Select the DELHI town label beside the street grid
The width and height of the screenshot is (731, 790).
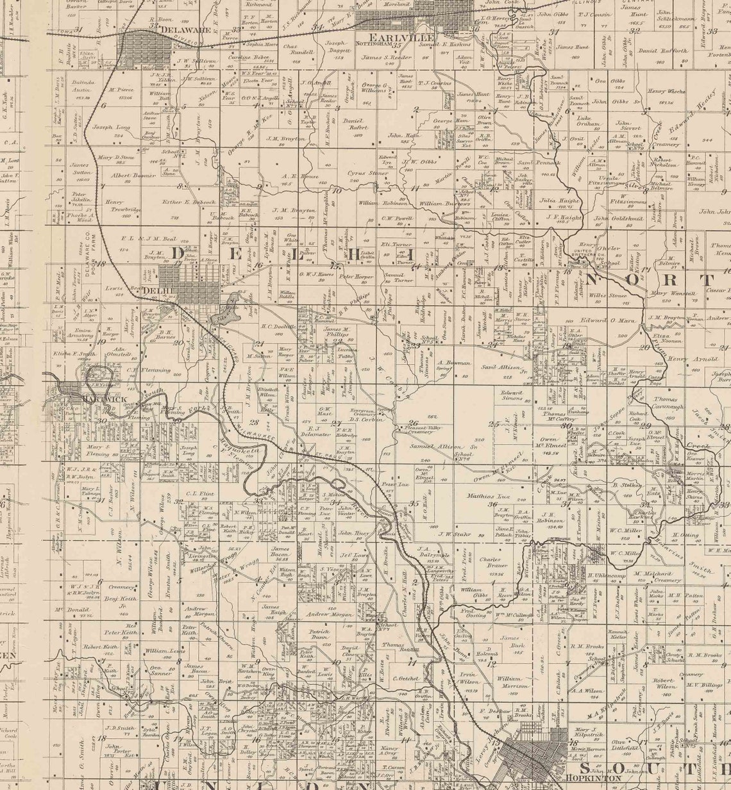pos(151,291)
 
